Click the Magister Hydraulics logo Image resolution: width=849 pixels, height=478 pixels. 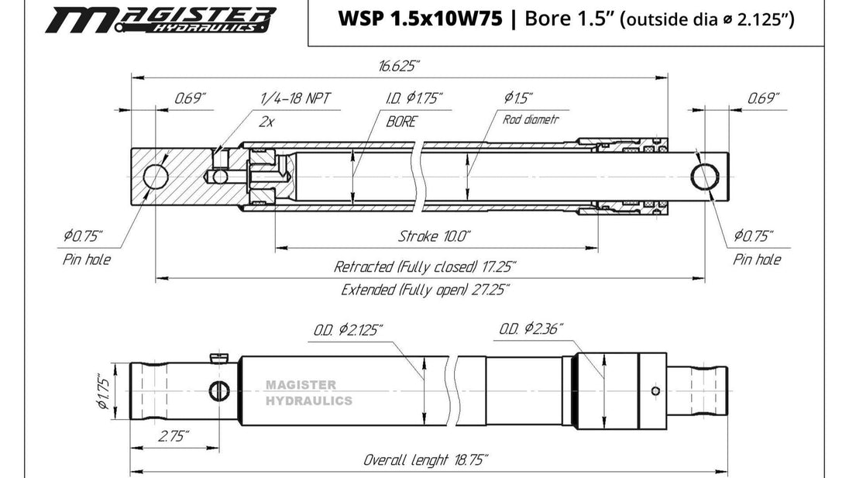[x=161, y=20]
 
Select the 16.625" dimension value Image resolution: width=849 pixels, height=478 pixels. [x=399, y=66]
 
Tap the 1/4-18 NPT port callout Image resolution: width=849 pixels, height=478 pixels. [x=295, y=98]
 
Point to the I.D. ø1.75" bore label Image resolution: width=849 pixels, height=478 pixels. [x=414, y=98]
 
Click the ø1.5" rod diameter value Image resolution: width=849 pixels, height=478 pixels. [x=518, y=98]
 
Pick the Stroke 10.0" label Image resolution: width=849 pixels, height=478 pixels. [x=435, y=236]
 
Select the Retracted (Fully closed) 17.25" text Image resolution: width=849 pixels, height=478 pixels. [x=424, y=267]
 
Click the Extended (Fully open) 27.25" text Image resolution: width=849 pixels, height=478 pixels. [x=425, y=290]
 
